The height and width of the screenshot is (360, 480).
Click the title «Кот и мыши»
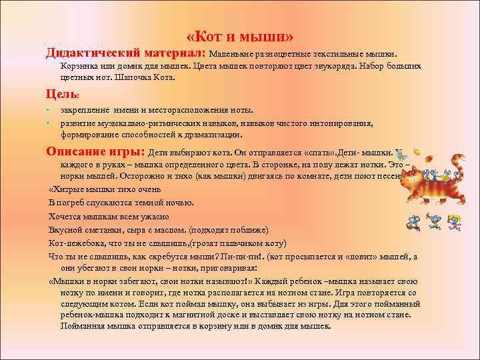click(x=240, y=35)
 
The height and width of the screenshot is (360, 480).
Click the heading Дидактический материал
click(x=125, y=52)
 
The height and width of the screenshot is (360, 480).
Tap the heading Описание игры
click(x=95, y=150)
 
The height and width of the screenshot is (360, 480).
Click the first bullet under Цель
click(x=49, y=110)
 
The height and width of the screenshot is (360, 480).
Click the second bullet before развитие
click(x=49, y=123)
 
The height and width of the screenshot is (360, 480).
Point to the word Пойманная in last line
click(x=83, y=326)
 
